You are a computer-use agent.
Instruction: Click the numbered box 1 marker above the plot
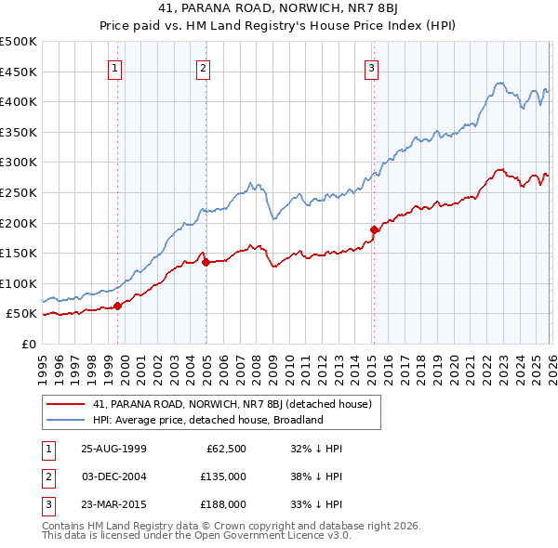pos(114,67)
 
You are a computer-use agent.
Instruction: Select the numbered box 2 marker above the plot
pos(203,67)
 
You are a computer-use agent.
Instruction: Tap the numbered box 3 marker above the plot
pos(371,67)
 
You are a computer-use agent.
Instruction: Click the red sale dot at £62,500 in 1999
pos(118,306)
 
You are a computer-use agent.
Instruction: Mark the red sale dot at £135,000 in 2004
pos(206,262)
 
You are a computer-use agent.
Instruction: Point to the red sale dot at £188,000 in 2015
pos(374,229)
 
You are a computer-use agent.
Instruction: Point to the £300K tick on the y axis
pos(19,163)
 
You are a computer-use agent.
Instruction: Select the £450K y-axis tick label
pos(19,72)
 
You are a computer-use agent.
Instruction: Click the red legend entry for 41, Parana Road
pos(232,404)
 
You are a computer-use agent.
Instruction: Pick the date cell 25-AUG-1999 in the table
pos(113,449)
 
